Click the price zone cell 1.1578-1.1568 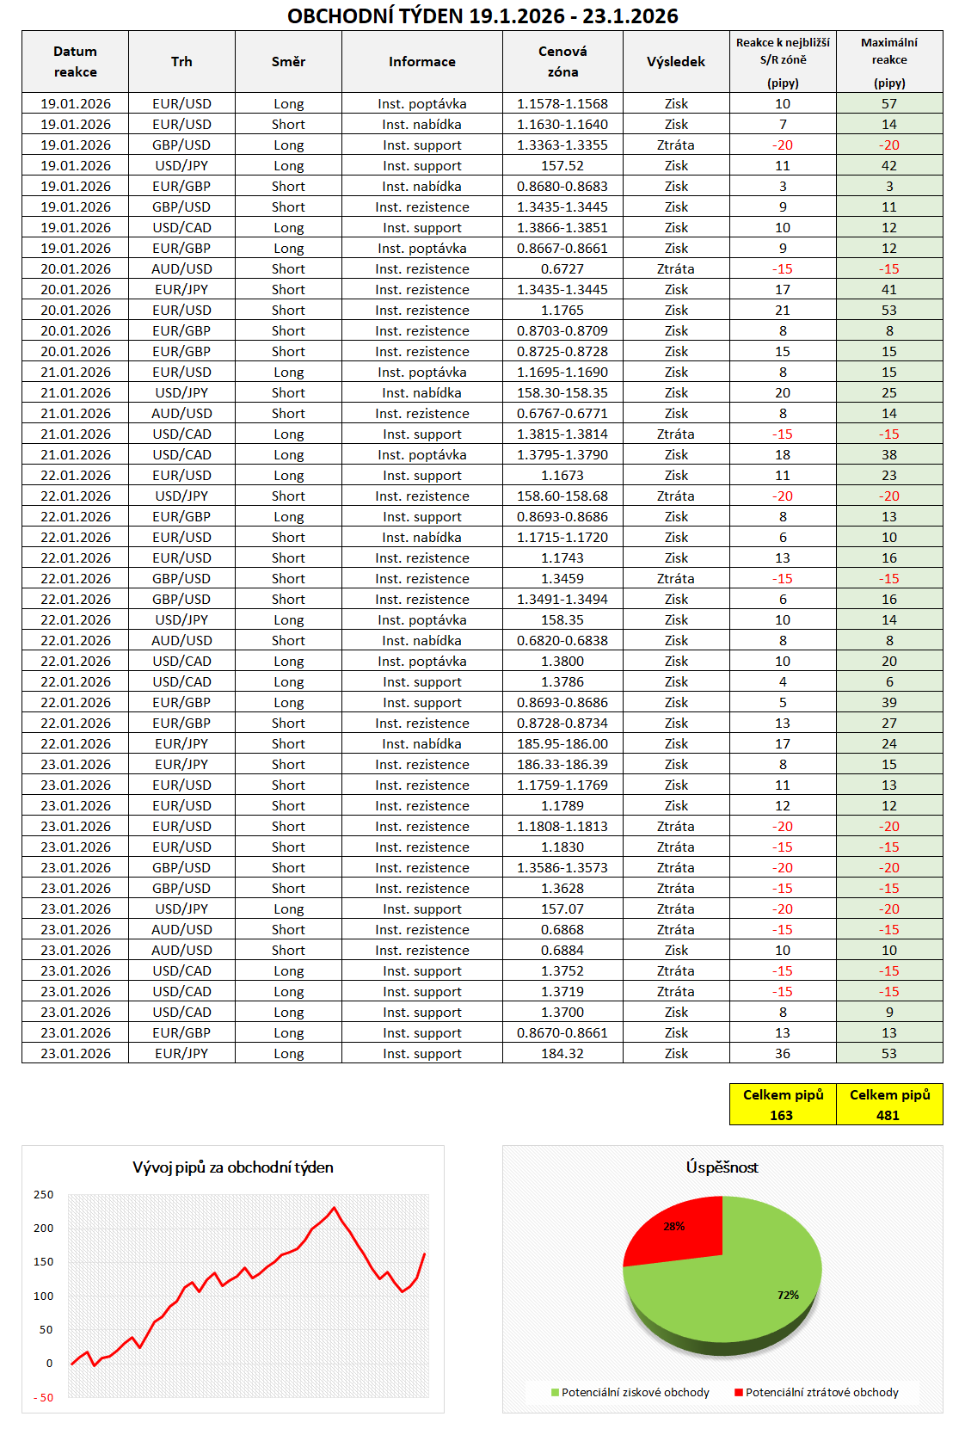tap(562, 104)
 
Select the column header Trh tap(181, 62)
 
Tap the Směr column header tap(288, 62)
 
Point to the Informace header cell tap(421, 62)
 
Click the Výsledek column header tap(675, 62)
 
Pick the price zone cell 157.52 tap(562, 166)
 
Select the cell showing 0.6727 tap(562, 269)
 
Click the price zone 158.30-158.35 tap(562, 393)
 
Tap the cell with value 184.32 tap(562, 1054)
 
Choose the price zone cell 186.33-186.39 tap(562, 765)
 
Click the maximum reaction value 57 tap(888, 104)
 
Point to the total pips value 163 tap(781, 1116)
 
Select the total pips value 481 tap(888, 1116)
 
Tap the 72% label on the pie tap(788, 1295)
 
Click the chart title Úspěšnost tap(722, 1167)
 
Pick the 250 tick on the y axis tap(43, 1195)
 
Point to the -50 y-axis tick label tap(43, 1398)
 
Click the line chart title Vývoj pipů tap(232, 1167)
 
